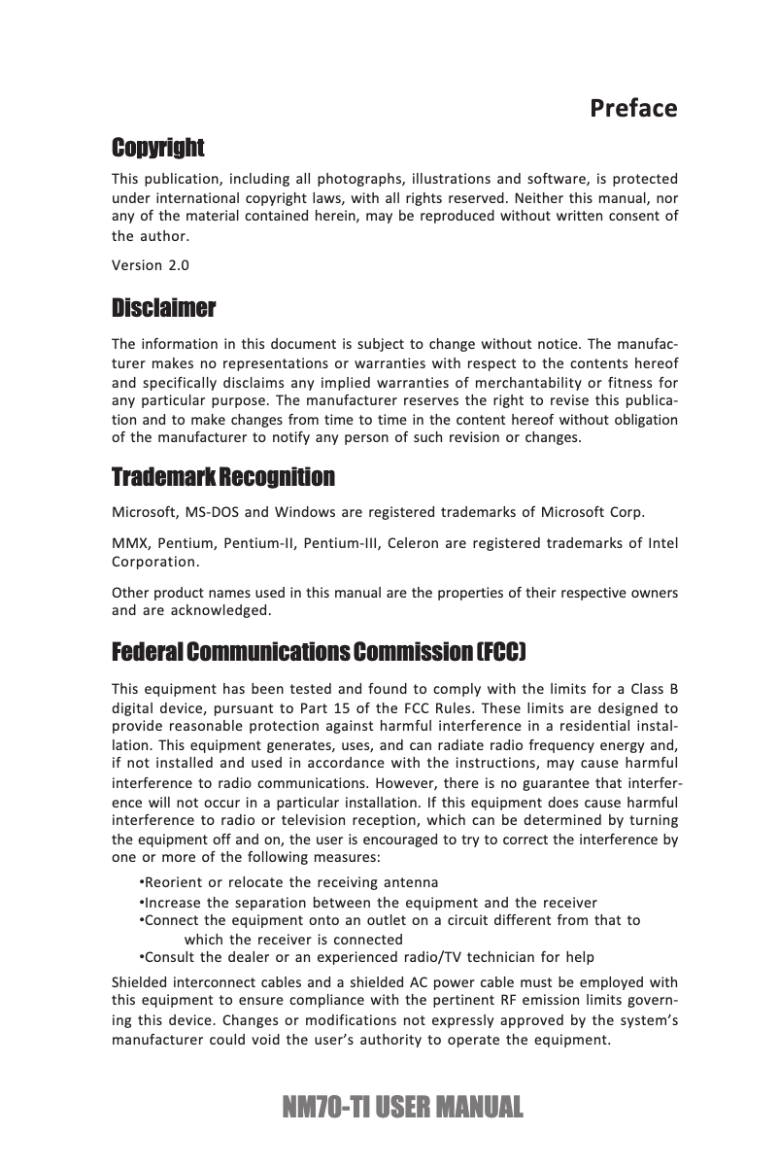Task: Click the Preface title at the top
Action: coord(633,108)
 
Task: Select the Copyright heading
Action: coord(158,149)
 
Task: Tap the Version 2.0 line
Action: coord(151,265)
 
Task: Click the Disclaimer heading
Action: coord(164,310)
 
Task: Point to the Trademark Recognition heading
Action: coord(223,478)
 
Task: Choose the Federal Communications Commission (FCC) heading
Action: coord(320,649)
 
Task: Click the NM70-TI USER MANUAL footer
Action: coord(389,1107)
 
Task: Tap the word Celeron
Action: coord(413,542)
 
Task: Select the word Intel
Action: coord(662,542)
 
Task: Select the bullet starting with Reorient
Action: coord(289,882)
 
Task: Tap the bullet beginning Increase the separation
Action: coord(369,903)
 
